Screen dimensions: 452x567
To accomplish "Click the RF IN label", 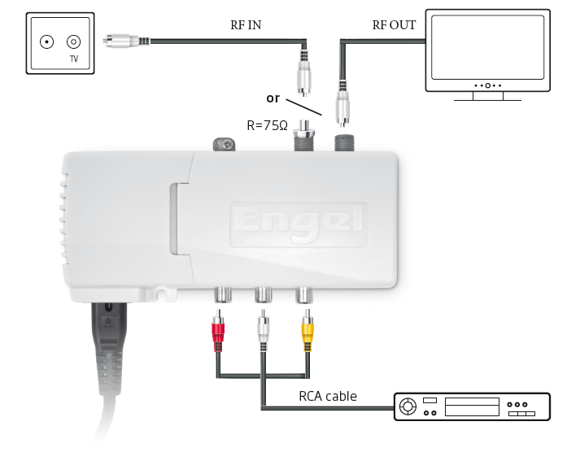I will tap(245, 25).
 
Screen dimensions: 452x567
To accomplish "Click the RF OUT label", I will tap(394, 25).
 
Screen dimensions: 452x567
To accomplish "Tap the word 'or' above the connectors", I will tap(273, 98).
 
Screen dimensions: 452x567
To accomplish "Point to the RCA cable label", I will tap(328, 397).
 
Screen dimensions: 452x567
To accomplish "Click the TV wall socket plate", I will tap(57, 44).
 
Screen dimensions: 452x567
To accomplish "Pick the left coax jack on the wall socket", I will tap(46, 41).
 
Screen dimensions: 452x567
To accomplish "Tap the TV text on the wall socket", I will tap(73, 59).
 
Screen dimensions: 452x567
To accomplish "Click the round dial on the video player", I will tap(408, 405).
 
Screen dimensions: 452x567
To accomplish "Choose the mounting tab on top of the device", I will tap(223, 145).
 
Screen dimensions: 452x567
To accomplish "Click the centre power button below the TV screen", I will tap(487, 85).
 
